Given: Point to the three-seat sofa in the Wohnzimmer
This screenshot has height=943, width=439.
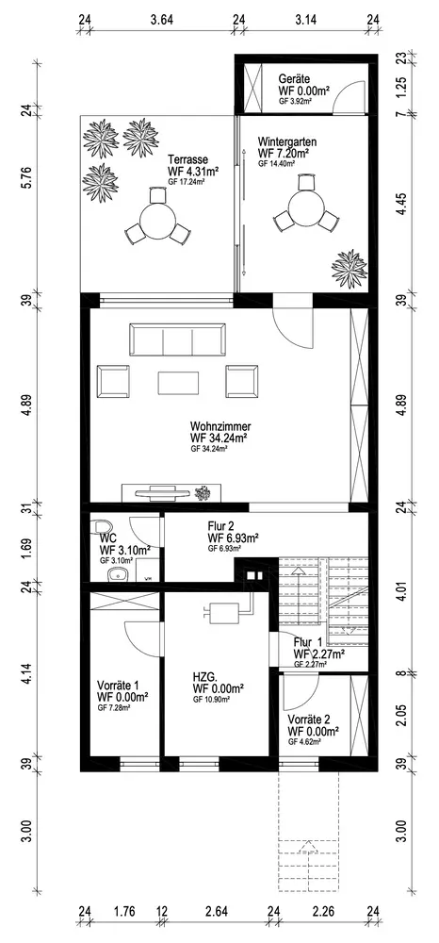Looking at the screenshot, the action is pyautogui.click(x=177, y=339).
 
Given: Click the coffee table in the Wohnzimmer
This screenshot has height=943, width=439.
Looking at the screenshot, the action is pyautogui.click(x=178, y=383).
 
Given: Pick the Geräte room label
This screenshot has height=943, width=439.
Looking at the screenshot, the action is pyautogui.click(x=294, y=79).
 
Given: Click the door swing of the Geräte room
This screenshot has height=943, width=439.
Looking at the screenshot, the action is pyautogui.click(x=347, y=96).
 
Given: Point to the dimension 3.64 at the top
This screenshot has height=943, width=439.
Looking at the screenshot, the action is pyautogui.click(x=161, y=19).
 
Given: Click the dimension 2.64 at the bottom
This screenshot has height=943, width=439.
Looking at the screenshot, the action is pyautogui.click(x=216, y=911).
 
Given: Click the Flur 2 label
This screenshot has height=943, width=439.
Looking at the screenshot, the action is pyautogui.click(x=221, y=526).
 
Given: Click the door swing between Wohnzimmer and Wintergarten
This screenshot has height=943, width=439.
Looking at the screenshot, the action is pyautogui.click(x=293, y=328).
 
